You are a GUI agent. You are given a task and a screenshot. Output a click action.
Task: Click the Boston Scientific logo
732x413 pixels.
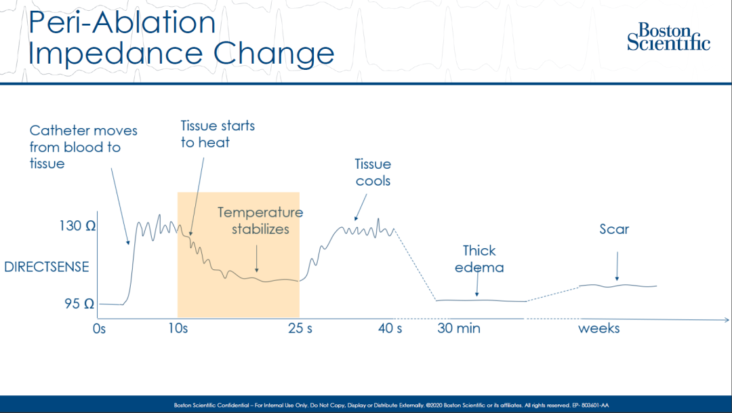(x=668, y=37)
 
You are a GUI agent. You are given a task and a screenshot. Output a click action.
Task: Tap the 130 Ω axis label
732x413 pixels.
(x=77, y=227)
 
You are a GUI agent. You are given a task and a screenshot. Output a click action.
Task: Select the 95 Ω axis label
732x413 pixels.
(x=79, y=304)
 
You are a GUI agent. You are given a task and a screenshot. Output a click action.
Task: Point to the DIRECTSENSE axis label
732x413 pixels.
(x=47, y=267)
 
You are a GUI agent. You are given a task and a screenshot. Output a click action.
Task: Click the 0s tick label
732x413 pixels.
(x=99, y=329)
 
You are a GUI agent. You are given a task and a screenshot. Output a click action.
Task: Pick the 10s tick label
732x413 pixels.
(x=178, y=329)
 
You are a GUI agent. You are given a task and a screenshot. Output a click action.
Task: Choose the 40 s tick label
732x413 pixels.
(x=390, y=329)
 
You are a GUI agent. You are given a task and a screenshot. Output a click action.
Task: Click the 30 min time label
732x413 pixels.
(x=459, y=329)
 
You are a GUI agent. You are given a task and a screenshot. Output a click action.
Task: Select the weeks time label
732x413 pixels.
(x=598, y=329)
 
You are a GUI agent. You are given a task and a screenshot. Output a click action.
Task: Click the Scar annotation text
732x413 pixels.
(x=614, y=229)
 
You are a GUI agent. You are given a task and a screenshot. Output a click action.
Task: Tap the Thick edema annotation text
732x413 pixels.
(x=479, y=259)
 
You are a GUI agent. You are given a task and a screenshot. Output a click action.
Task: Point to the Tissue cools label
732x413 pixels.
(x=373, y=173)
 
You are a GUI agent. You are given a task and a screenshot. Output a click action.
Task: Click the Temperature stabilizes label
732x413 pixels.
(x=260, y=220)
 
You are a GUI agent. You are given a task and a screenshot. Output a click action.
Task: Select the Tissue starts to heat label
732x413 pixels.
(x=217, y=134)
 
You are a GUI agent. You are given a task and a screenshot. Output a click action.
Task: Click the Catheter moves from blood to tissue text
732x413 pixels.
(x=83, y=146)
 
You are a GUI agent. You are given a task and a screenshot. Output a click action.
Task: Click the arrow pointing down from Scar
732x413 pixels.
(x=617, y=267)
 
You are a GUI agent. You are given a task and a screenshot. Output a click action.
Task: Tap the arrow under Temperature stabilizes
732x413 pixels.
(x=257, y=260)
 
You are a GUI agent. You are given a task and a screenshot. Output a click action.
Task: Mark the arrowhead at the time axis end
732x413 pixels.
(x=725, y=319)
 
